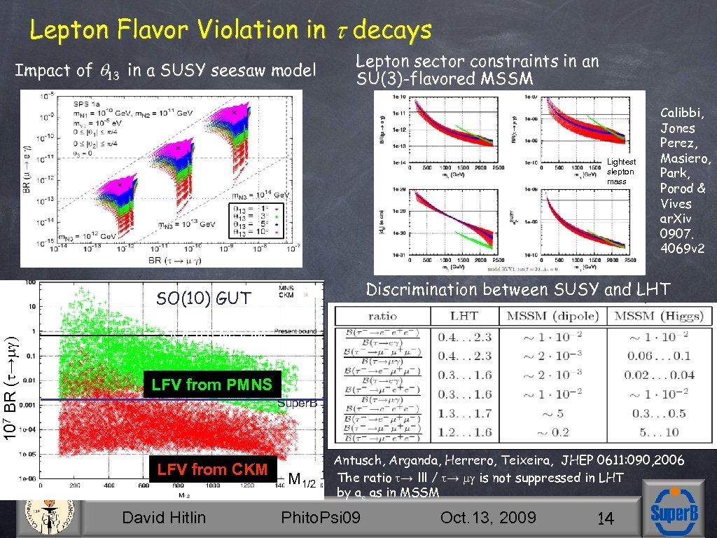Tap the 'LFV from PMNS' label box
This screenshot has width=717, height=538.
pos(212,385)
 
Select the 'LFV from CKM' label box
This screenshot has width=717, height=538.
pos(212,469)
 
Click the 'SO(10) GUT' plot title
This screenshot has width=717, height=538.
pos(203,298)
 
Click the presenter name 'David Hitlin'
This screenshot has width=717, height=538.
pos(164,518)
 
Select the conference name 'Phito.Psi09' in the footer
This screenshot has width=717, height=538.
pos(320,518)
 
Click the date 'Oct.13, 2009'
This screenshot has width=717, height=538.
pos(488,518)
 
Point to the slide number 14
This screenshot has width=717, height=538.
pos(605,519)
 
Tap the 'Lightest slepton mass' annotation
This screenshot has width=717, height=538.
pos(620,172)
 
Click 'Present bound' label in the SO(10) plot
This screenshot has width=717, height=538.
pos(295,331)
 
